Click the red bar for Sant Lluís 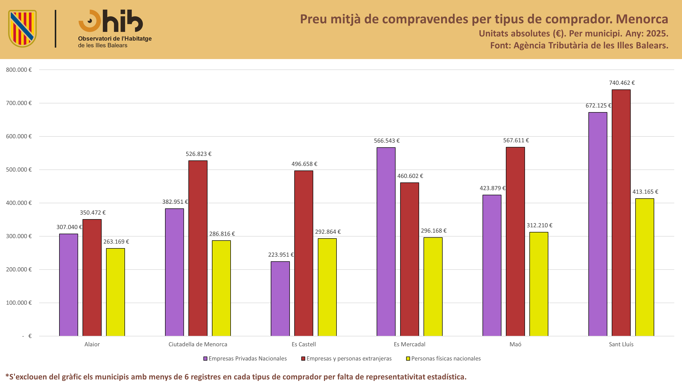tap(621, 213)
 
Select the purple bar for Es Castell tap(280, 299)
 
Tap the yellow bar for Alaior tap(115, 292)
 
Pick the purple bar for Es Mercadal tap(386, 242)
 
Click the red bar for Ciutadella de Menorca tap(198, 248)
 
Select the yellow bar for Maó tap(539, 284)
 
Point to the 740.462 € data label tap(622, 83)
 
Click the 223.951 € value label tap(281, 255)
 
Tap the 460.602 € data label tap(410, 176)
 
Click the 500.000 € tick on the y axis tap(19, 170)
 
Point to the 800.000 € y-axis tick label tap(19, 70)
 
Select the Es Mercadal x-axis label tap(410, 344)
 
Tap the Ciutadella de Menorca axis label tap(198, 344)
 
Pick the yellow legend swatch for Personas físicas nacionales tap(408, 359)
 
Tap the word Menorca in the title tap(642, 19)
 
